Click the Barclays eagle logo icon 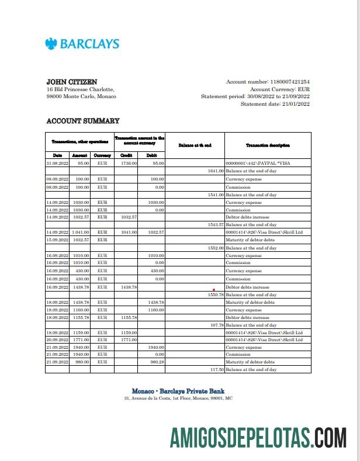point(51,44)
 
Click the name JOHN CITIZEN point(72,82)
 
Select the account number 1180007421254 point(289,82)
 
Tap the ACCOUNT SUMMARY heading point(82,121)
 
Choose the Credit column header point(126,155)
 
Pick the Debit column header point(151,155)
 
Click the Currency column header point(102,155)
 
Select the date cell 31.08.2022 point(58,164)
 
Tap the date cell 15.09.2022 point(58,240)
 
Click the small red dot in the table point(215,289)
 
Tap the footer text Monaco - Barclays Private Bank point(178,391)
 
